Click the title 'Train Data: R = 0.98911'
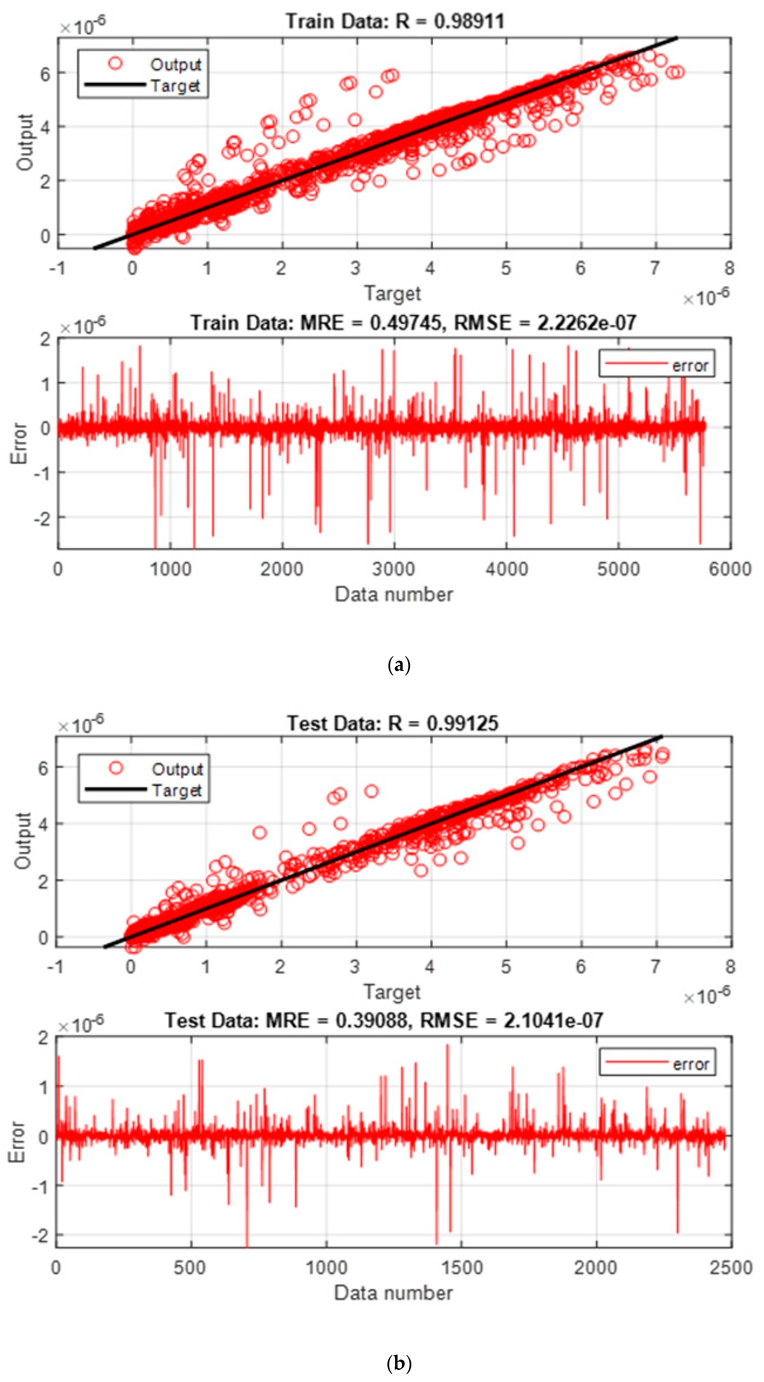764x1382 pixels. [395, 21]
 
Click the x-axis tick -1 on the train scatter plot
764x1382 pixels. [57, 268]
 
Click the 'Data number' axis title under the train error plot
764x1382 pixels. [394, 595]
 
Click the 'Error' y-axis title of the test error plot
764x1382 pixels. [18, 1142]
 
